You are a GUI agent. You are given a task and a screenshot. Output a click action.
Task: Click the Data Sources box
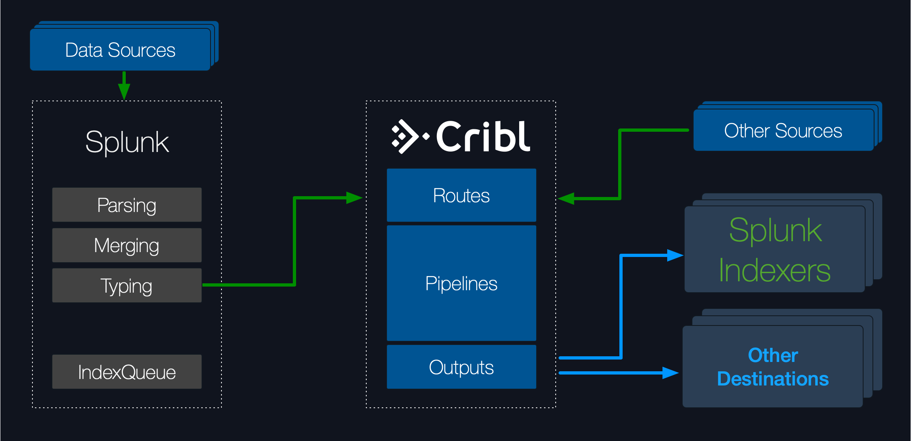120,50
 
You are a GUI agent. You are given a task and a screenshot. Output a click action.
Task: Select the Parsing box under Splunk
127,205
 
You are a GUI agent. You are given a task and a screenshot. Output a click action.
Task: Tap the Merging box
127,245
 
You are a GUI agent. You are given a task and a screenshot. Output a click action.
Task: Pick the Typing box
127,285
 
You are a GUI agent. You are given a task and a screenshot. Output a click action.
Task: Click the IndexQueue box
127,372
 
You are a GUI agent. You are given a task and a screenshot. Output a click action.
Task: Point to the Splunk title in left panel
127,142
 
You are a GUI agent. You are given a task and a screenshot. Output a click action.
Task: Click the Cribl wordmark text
483,137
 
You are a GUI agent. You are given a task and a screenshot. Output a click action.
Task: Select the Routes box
461,195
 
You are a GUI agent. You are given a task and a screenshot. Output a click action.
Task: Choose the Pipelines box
461,283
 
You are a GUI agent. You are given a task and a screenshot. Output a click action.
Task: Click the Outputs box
461,367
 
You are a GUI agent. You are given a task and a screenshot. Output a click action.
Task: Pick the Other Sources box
783,131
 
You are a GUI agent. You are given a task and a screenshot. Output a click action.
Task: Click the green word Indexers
774,270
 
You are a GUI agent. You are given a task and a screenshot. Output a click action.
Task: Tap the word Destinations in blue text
773,379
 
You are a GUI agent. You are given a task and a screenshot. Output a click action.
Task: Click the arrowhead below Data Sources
124,91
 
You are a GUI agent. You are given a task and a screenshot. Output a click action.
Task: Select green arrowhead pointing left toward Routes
566,199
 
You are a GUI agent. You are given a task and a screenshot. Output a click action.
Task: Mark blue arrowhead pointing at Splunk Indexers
675,255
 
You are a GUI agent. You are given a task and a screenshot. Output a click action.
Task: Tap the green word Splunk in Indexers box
775,230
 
